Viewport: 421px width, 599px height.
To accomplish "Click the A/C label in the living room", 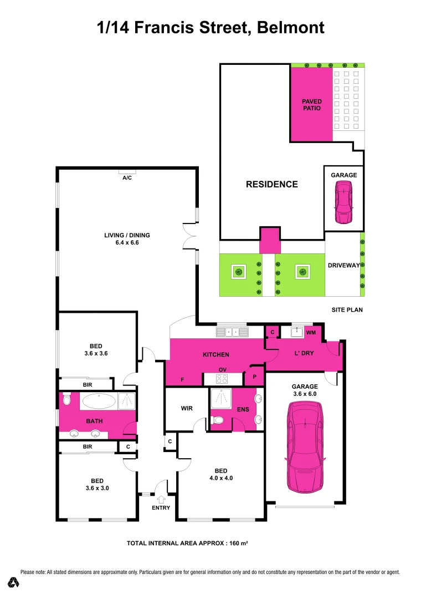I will point(126,177).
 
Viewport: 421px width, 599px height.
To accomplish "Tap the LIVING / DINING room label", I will point(127,235).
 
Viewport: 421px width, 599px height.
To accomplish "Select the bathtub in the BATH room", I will point(99,400).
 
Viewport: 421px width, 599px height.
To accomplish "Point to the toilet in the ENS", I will point(219,420).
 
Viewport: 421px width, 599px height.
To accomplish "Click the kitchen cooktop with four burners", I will point(222,379).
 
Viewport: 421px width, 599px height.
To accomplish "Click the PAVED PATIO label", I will point(312,105).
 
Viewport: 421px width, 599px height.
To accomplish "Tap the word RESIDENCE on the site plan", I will point(271,184).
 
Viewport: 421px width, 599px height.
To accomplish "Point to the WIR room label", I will point(187,409).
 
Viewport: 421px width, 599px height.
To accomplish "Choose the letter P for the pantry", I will point(254,377).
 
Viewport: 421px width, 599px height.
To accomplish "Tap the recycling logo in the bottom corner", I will point(14,582).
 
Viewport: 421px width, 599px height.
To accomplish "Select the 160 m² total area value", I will point(236,543).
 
